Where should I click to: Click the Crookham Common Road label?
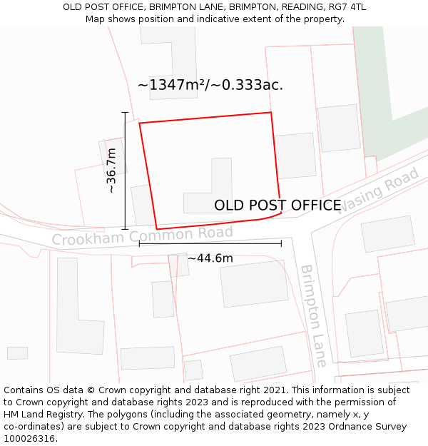(142, 235)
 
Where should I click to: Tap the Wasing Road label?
(378, 191)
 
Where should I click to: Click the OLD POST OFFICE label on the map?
(277, 206)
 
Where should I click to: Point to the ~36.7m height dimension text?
(111, 171)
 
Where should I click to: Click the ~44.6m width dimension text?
(210, 258)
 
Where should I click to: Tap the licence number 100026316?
(29, 438)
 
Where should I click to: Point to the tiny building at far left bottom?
(17, 353)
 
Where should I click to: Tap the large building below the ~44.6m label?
(253, 283)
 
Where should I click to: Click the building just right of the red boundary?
(295, 155)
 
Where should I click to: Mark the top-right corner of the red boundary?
(271, 112)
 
